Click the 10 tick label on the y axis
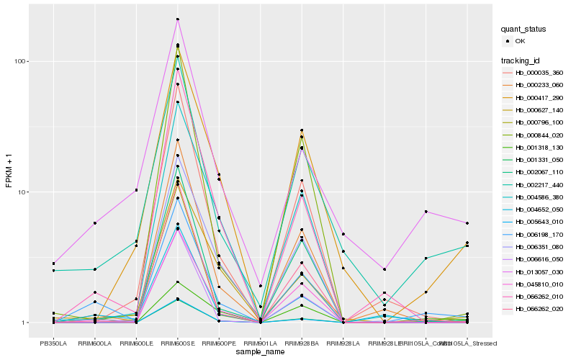coord(22,192)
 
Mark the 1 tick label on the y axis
coord(24,323)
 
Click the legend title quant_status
coord(524,30)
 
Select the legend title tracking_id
coord(521,60)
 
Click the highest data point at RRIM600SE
coord(177,19)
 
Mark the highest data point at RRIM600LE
coord(136,190)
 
